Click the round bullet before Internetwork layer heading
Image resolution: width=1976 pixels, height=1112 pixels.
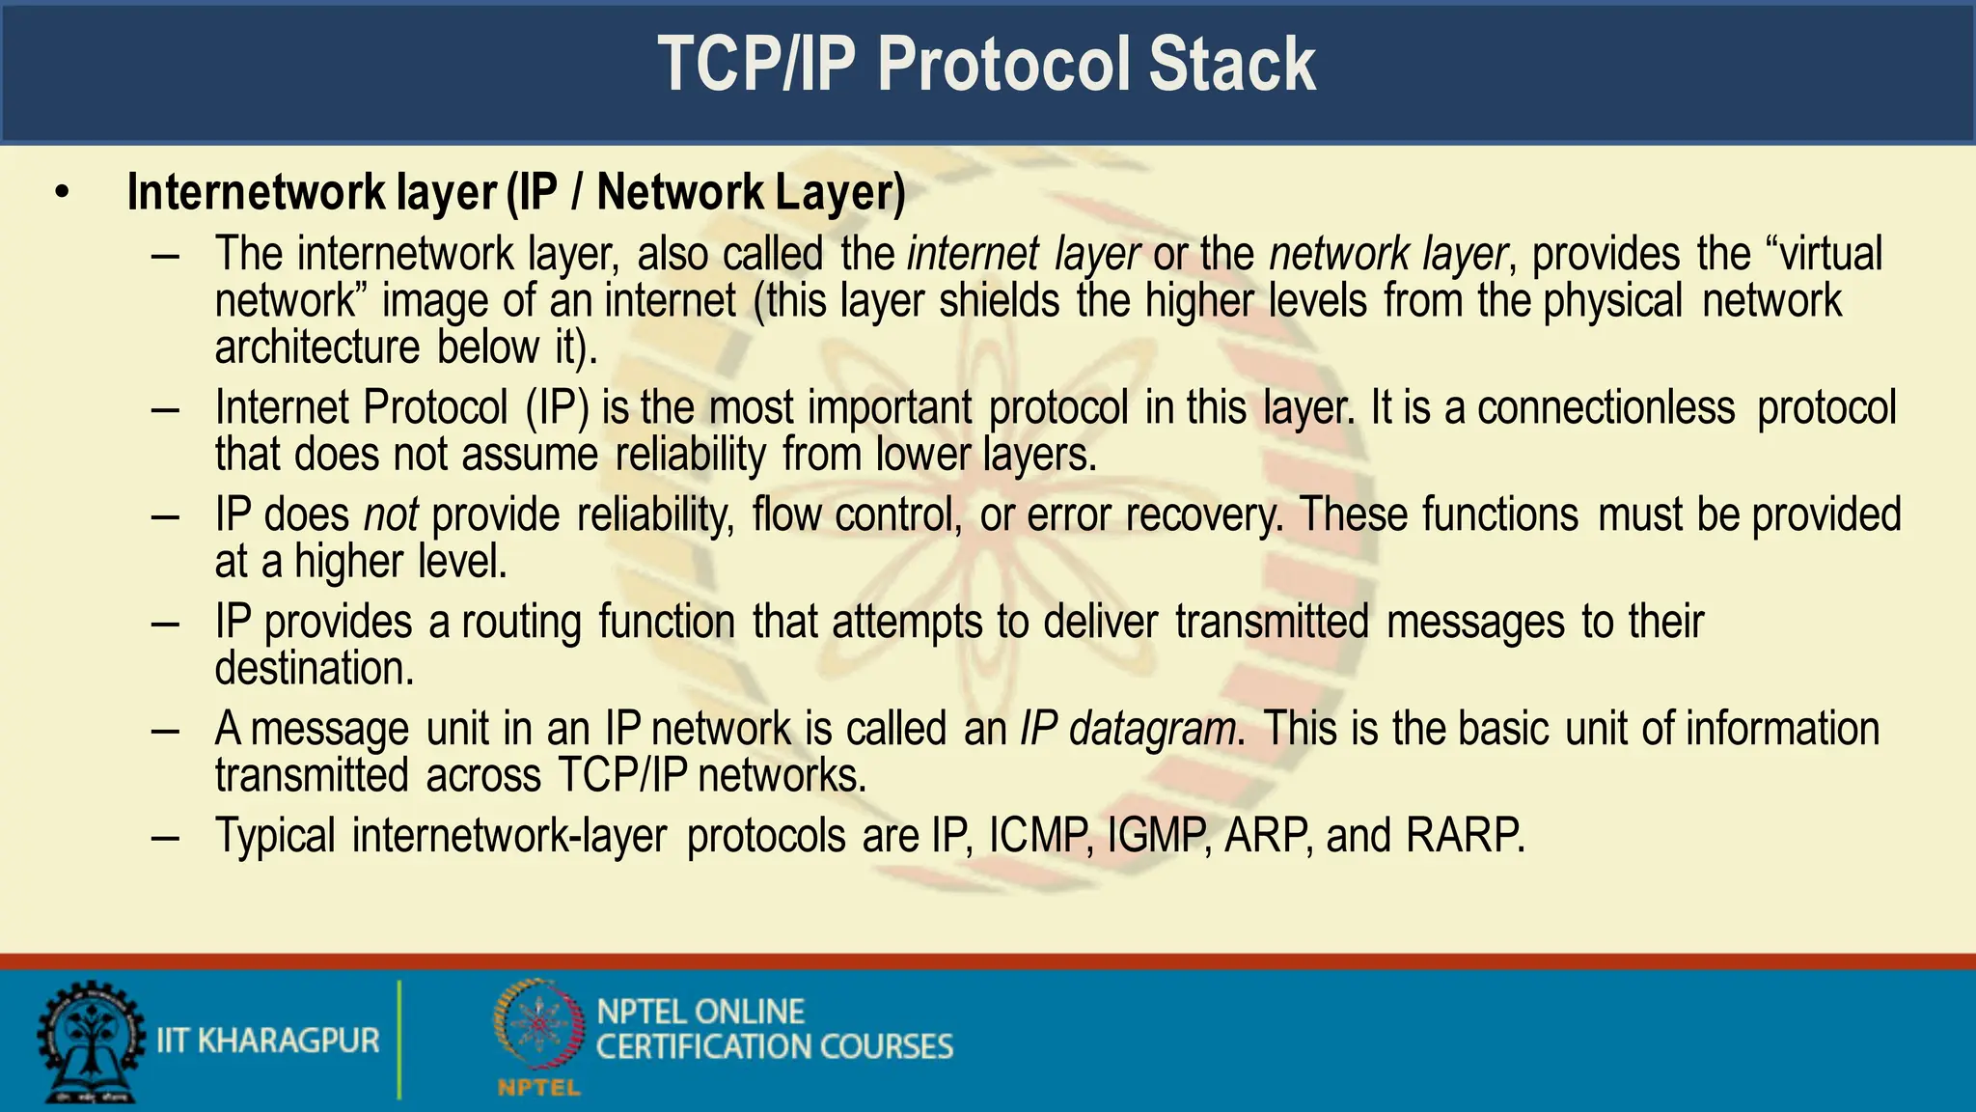tap(63, 193)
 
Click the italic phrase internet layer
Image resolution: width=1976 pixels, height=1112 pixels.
tap(1023, 255)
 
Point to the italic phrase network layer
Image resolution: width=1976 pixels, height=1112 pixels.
tap(1387, 255)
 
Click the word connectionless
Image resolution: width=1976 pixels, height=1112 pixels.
tap(1605, 407)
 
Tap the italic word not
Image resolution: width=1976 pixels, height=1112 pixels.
tap(390, 514)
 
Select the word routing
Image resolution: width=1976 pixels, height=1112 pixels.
tap(521, 623)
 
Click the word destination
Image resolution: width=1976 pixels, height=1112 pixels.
tap(314, 669)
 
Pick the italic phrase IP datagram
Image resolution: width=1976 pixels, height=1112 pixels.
tap(1128, 729)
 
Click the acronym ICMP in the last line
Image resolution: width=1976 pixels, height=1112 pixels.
tap(1039, 836)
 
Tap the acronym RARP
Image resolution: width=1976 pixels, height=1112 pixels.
tap(1464, 836)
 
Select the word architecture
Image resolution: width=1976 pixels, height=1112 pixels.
tap(317, 347)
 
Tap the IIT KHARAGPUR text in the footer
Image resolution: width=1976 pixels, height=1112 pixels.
tap(267, 1041)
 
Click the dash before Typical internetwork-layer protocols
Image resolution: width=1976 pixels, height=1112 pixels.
tap(165, 836)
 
